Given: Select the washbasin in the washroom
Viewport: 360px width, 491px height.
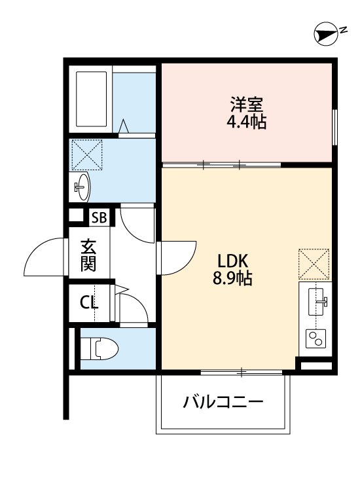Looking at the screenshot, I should coord(82,187).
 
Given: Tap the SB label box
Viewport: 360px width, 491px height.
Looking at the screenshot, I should coord(99,216).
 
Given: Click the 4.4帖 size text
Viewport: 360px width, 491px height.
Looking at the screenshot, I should coord(247,122).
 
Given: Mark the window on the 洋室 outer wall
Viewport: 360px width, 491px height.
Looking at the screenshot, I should coord(334,126).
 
